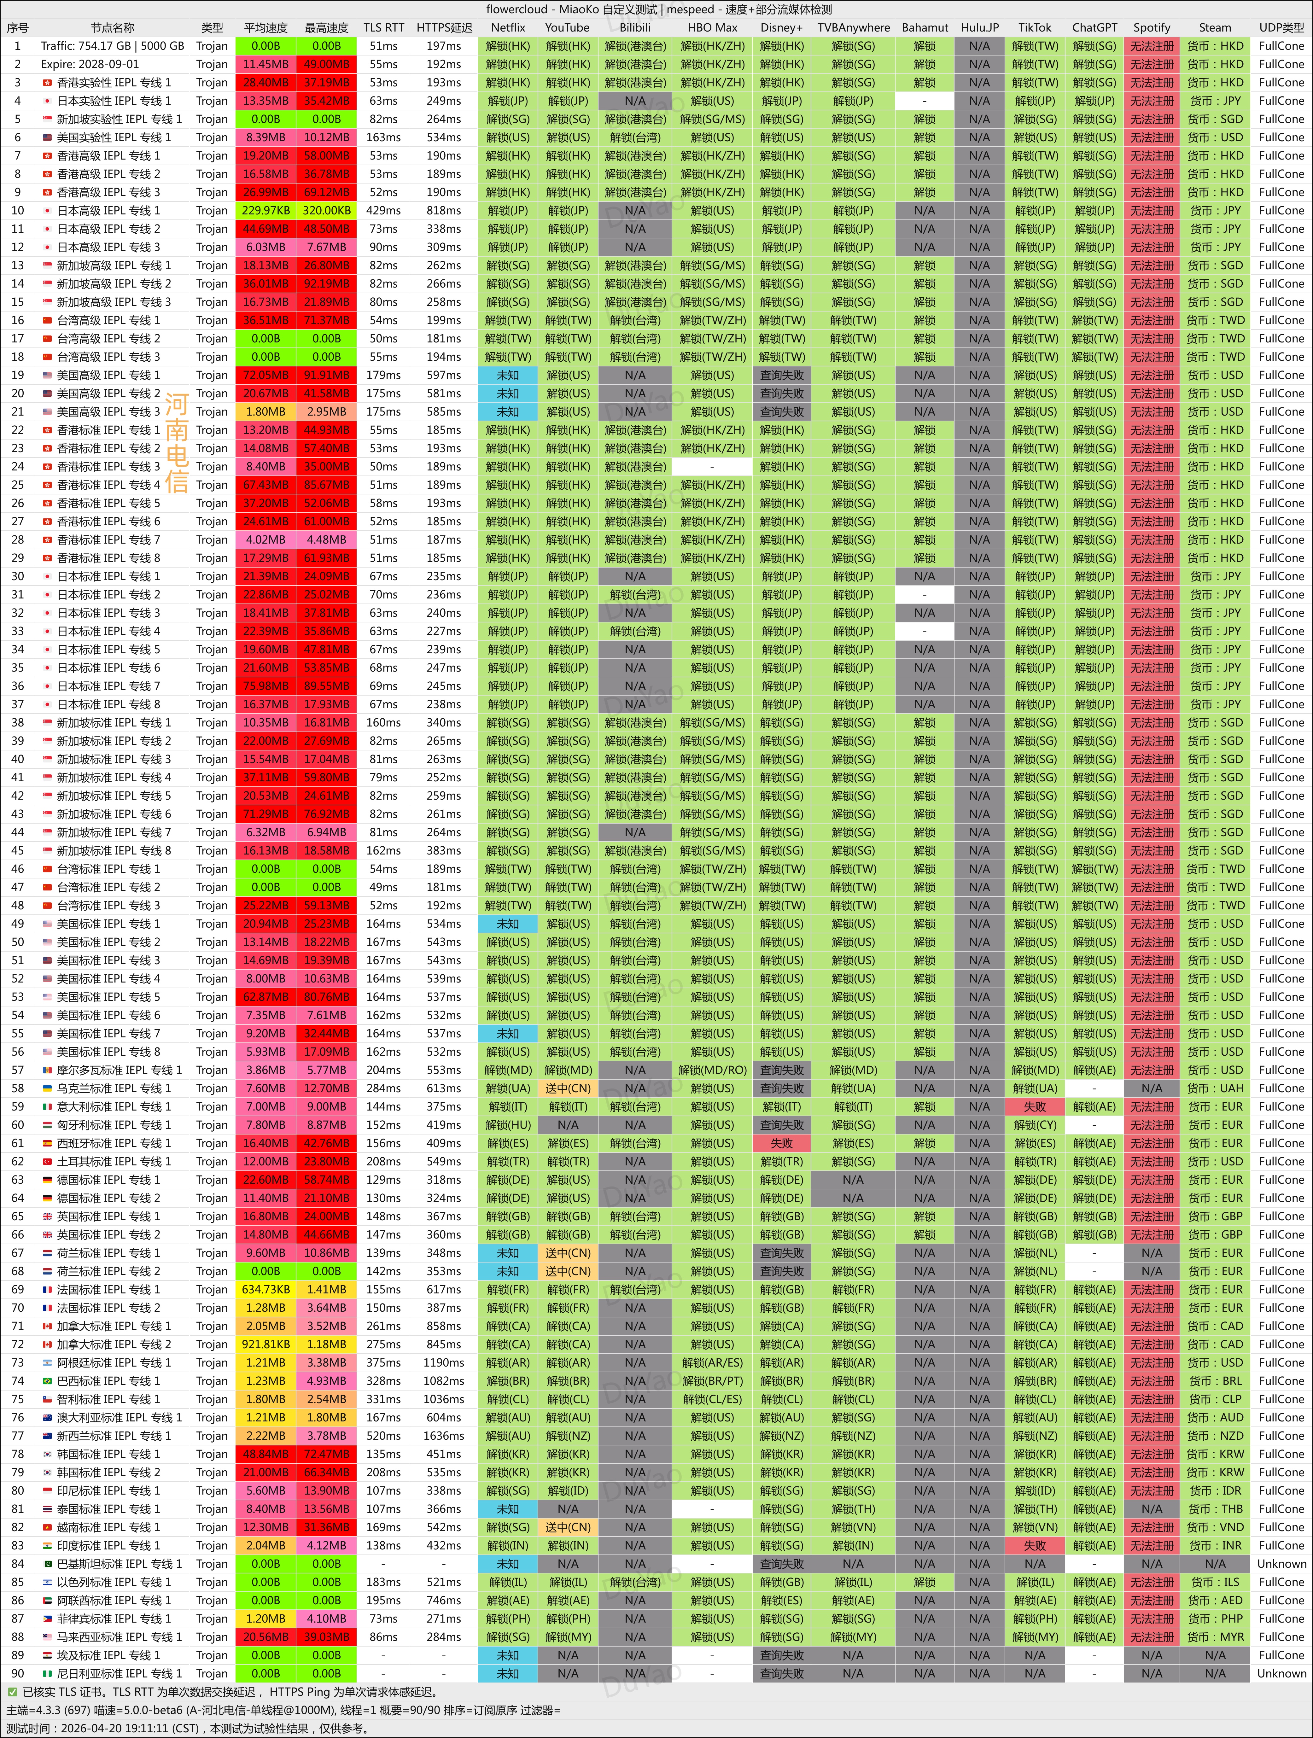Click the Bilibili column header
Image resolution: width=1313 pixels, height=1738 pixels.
(x=635, y=27)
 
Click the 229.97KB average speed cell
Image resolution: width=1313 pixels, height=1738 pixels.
(x=266, y=211)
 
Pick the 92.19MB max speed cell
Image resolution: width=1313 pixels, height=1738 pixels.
(x=326, y=284)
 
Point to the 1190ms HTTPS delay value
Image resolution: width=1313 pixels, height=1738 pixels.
(x=444, y=1362)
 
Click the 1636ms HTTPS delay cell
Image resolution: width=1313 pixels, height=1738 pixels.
(x=444, y=1436)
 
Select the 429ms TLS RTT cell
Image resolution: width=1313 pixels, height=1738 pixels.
(x=383, y=211)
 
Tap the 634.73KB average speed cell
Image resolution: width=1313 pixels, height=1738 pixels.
(x=266, y=1289)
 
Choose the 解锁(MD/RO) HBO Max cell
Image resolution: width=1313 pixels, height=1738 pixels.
(x=713, y=1070)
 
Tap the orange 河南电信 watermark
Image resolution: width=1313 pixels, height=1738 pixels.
(x=177, y=444)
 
